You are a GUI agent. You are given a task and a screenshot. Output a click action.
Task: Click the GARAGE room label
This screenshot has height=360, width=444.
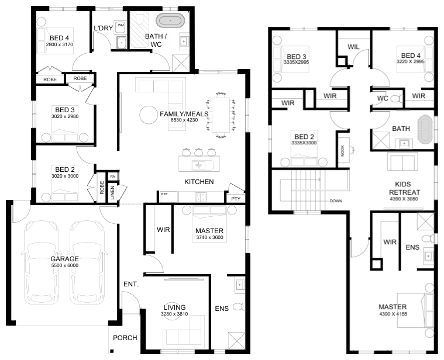pos(64,259)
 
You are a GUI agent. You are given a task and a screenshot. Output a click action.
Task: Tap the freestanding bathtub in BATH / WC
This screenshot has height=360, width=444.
pos(170,20)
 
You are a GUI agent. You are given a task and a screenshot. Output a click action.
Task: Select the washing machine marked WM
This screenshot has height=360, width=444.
pos(121,26)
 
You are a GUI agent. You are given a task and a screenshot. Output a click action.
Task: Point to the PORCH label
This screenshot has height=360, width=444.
pos(125,338)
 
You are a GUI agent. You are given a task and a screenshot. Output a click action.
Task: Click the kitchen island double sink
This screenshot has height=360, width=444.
pos(198,165)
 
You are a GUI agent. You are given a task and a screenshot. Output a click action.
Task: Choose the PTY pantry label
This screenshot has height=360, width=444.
pos(236,199)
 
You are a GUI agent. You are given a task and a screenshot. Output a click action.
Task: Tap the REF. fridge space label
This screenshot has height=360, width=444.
pos(164,194)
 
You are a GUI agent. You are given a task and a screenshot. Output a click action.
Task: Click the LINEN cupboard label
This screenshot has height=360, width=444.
pos(112,193)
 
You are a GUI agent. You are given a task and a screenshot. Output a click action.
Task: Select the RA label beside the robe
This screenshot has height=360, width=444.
pos(113,176)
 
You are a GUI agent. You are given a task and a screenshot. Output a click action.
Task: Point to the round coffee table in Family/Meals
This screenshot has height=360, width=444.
pos(149,115)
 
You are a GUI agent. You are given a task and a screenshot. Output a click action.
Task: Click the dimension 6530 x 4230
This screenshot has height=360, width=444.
pos(184,120)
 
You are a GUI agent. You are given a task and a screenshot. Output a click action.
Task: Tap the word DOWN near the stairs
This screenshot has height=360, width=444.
pos(336,201)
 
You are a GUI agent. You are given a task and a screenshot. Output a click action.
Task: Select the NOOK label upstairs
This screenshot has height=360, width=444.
pos(342,151)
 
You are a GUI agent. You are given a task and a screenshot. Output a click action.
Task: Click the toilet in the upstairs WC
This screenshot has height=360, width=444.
pos(397,99)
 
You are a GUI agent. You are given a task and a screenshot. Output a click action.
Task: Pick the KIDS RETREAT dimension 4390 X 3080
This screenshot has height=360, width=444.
pos(404,199)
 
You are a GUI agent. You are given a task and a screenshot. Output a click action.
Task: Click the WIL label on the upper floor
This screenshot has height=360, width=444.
pos(353,47)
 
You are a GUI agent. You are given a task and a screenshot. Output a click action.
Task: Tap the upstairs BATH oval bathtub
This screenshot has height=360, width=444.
pos(425,129)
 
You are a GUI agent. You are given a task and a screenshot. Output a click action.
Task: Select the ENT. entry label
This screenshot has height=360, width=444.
pos(131,284)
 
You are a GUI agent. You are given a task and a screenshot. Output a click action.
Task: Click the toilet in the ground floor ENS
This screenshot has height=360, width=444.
pos(239,307)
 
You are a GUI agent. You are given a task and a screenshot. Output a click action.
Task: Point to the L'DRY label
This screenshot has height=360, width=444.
pos(104,28)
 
